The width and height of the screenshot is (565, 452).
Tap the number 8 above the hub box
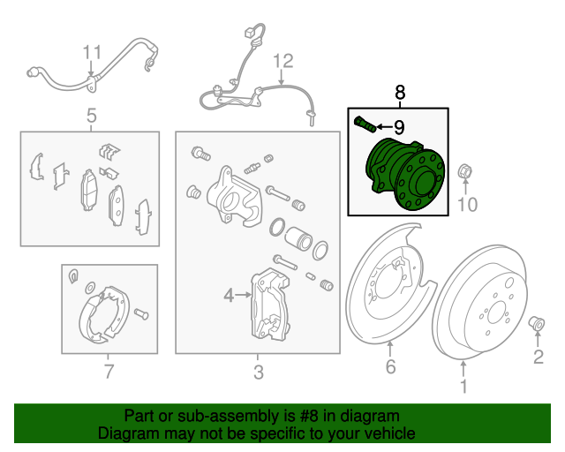click(x=399, y=92)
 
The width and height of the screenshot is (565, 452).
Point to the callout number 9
click(x=398, y=127)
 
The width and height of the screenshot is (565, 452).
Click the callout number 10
click(x=466, y=205)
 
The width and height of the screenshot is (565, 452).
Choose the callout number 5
click(x=90, y=115)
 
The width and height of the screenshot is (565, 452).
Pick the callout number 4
click(x=228, y=296)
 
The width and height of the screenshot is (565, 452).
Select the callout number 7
click(x=109, y=372)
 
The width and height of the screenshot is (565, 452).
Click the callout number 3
click(x=258, y=373)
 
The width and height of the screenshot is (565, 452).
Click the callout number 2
click(x=537, y=357)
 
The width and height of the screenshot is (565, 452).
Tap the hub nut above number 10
click(x=465, y=171)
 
